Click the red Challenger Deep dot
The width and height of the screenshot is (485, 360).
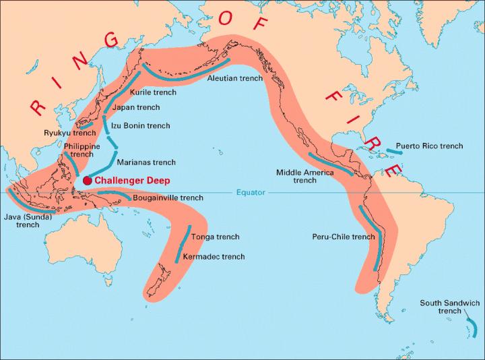[87, 181]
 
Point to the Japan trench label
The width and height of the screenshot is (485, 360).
[137, 107]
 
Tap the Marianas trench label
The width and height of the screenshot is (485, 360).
[146, 162]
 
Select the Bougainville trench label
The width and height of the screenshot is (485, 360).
[168, 198]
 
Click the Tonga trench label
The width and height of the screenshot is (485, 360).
[215, 237]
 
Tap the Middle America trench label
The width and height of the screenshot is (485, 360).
[304, 176]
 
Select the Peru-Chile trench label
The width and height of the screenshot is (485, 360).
[344, 237]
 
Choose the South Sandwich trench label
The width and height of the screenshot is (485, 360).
[450, 307]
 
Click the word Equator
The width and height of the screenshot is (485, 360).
[251, 193]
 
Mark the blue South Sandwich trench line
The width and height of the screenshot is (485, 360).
[474, 328]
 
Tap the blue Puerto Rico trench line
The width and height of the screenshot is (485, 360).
[394, 151]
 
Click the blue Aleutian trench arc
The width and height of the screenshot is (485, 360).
[189, 68]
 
